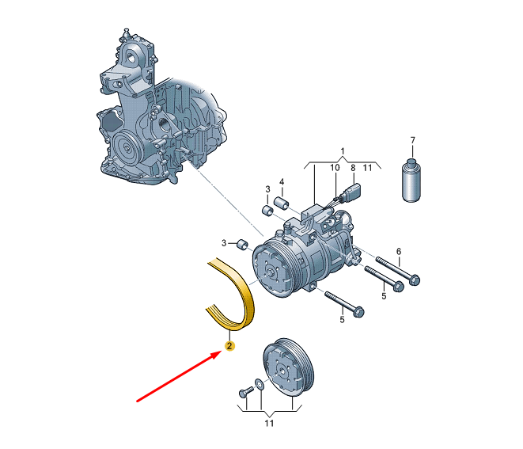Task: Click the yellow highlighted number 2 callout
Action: click(229, 346)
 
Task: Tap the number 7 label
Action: click(412, 140)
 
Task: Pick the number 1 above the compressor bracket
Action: click(343, 151)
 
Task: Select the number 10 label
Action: click(335, 168)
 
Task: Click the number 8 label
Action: click(353, 168)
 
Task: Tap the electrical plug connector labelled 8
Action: click(355, 190)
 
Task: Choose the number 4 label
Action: click(282, 182)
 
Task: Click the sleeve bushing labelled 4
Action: click(281, 203)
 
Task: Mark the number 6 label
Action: click(399, 251)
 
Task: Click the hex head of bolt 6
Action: click(414, 280)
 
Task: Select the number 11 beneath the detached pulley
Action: click(269, 424)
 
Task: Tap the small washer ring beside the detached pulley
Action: click(260, 384)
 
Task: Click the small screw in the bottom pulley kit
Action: click(247, 391)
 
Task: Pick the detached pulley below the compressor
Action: click(288, 367)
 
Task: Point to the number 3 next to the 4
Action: click(267, 189)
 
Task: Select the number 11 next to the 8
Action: click(367, 168)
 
